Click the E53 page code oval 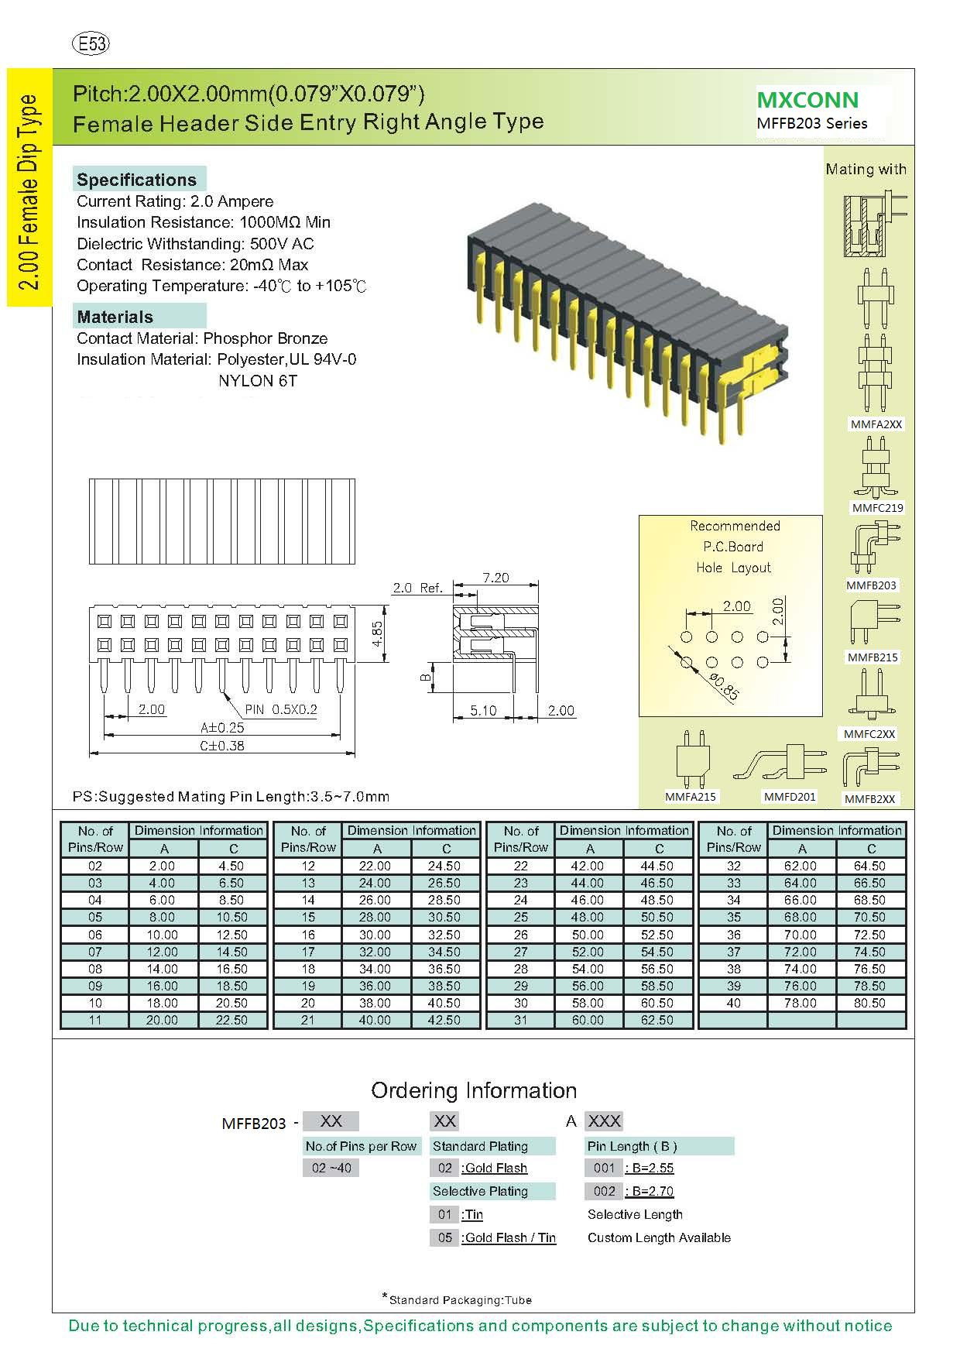pyautogui.click(x=91, y=44)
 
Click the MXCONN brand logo pyautogui.click(x=807, y=100)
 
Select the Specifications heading pyautogui.click(x=137, y=180)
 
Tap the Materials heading pyautogui.click(x=115, y=317)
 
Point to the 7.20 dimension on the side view pyautogui.click(x=495, y=578)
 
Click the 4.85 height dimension pyautogui.click(x=378, y=634)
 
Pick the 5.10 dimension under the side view pyautogui.click(x=484, y=711)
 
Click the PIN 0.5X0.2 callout pyautogui.click(x=281, y=709)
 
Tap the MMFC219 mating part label pyautogui.click(x=877, y=508)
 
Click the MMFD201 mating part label pyautogui.click(x=790, y=797)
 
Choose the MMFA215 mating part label pyautogui.click(x=691, y=797)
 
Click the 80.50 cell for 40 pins pyautogui.click(x=869, y=1003)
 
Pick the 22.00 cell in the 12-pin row pyautogui.click(x=375, y=866)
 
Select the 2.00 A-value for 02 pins pyautogui.click(x=162, y=866)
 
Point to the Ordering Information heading pyautogui.click(x=474, y=1090)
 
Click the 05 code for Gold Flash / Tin pyautogui.click(x=444, y=1237)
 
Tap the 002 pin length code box pyautogui.click(x=604, y=1191)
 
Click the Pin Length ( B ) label pyautogui.click(x=632, y=1146)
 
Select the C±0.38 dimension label pyautogui.click(x=222, y=746)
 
